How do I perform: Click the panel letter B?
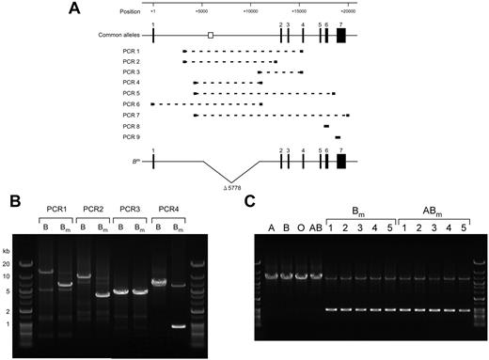pyautogui.click(x=14, y=200)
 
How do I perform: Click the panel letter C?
pyautogui.click(x=248, y=200)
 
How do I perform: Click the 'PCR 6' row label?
pyautogui.click(x=131, y=103)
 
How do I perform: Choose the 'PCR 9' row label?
pyautogui.click(x=131, y=136)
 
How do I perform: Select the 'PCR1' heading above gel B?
pyautogui.click(x=53, y=209)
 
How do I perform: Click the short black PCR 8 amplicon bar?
pyautogui.click(x=326, y=126)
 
